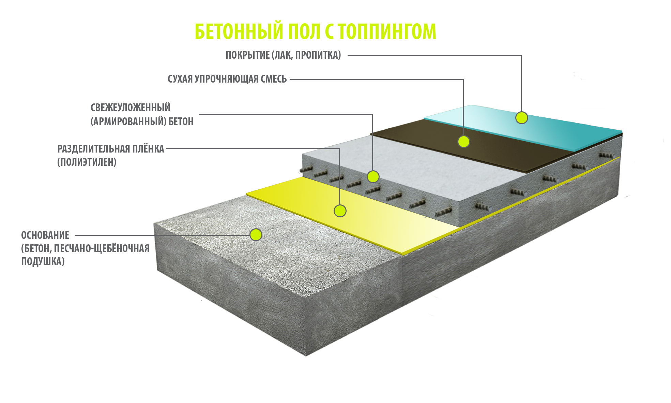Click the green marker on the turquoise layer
[x=521, y=118]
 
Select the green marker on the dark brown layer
[x=463, y=141]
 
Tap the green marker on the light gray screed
[x=373, y=177]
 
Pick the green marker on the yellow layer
[x=340, y=211]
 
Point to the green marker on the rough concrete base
[x=256, y=235]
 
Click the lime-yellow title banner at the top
[x=316, y=30]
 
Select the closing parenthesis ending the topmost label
[x=339, y=55]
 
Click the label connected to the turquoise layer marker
[x=283, y=55]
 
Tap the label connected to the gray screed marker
[x=142, y=114]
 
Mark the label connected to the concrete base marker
[x=85, y=248]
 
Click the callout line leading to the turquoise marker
[x=433, y=55]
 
